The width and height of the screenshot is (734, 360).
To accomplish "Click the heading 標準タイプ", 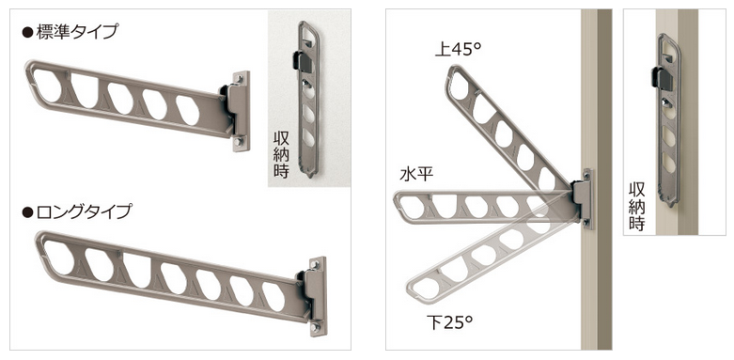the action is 77,33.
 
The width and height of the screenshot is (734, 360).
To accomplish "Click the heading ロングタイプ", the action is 84,211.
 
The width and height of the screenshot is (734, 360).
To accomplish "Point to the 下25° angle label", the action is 449,321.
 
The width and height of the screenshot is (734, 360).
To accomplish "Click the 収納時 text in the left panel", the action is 281,155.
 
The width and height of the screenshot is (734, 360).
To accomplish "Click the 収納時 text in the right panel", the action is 636,207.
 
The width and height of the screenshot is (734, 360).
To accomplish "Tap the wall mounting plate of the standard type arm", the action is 241,112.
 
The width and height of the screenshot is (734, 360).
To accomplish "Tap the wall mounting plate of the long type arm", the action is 318,297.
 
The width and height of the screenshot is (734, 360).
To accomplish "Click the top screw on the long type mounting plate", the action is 316,265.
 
